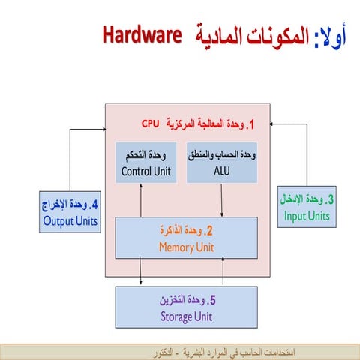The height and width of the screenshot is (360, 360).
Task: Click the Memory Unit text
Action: [x=185, y=246]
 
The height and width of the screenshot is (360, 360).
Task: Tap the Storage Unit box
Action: [x=186, y=307]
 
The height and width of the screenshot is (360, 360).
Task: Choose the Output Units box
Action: [x=69, y=211]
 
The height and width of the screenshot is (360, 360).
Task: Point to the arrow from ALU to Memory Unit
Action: [x=221, y=200]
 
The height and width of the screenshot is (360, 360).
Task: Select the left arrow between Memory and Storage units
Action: [x=140, y=271]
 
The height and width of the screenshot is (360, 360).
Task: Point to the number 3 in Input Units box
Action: [x=330, y=200]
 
